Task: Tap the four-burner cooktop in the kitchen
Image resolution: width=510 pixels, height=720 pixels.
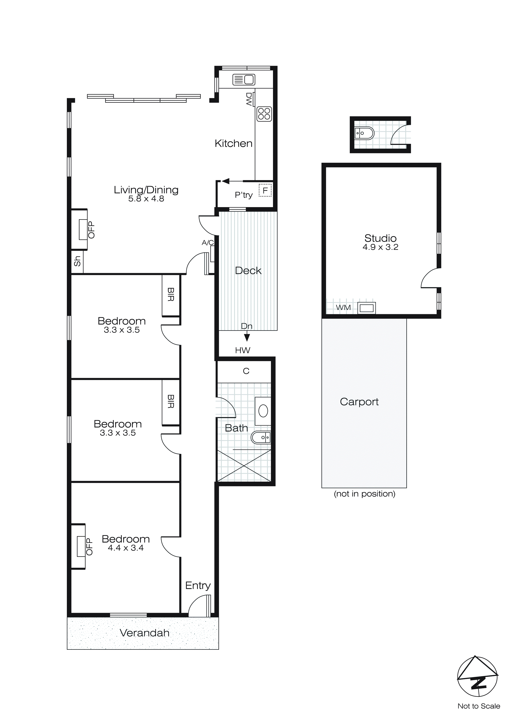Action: pos(264,114)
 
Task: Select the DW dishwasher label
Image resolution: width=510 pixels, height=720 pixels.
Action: pos(249,99)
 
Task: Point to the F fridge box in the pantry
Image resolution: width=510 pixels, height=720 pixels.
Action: pos(265,190)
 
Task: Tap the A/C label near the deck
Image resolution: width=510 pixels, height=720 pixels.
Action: pos(208,242)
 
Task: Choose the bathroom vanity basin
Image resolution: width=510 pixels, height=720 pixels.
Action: pos(263,411)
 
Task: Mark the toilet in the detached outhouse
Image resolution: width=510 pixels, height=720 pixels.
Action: pos(364,133)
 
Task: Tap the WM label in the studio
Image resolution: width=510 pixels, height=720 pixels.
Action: pos(343,308)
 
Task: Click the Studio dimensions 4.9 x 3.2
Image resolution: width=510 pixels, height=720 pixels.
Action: pos(380,247)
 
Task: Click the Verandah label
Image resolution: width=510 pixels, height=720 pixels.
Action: pos(144,633)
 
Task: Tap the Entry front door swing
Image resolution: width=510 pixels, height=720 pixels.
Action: pos(199,606)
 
